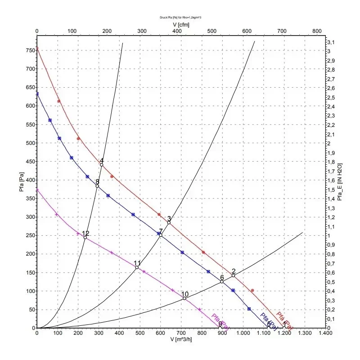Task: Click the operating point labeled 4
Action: [x=102, y=165]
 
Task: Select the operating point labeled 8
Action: [x=97, y=186]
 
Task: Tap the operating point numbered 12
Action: [x=85, y=238]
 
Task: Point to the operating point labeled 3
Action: [x=169, y=222]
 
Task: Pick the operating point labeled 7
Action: [x=161, y=235]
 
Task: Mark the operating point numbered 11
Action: [x=137, y=267]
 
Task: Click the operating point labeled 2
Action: [x=234, y=275]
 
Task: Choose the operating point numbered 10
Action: [x=184, y=298]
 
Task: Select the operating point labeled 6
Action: [x=222, y=282]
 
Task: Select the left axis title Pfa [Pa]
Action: [x=21, y=184]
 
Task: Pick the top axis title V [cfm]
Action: [x=181, y=24]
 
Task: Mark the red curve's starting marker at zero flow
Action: [x=37, y=48]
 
